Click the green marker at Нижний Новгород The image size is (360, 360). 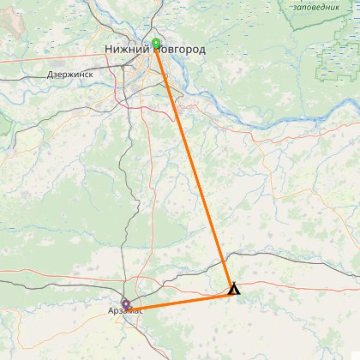pyautogui.click(x=156, y=44)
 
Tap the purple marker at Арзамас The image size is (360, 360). pyautogui.click(x=126, y=303)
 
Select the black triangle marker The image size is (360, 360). pyautogui.click(x=234, y=289)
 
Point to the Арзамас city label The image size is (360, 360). pyautogui.click(x=125, y=310)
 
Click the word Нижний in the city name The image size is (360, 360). pyautogui.click(x=127, y=51)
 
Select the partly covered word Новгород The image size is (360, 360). pyautogui.click(x=182, y=51)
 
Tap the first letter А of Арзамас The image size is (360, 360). pyautogui.click(x=111, y=310)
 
